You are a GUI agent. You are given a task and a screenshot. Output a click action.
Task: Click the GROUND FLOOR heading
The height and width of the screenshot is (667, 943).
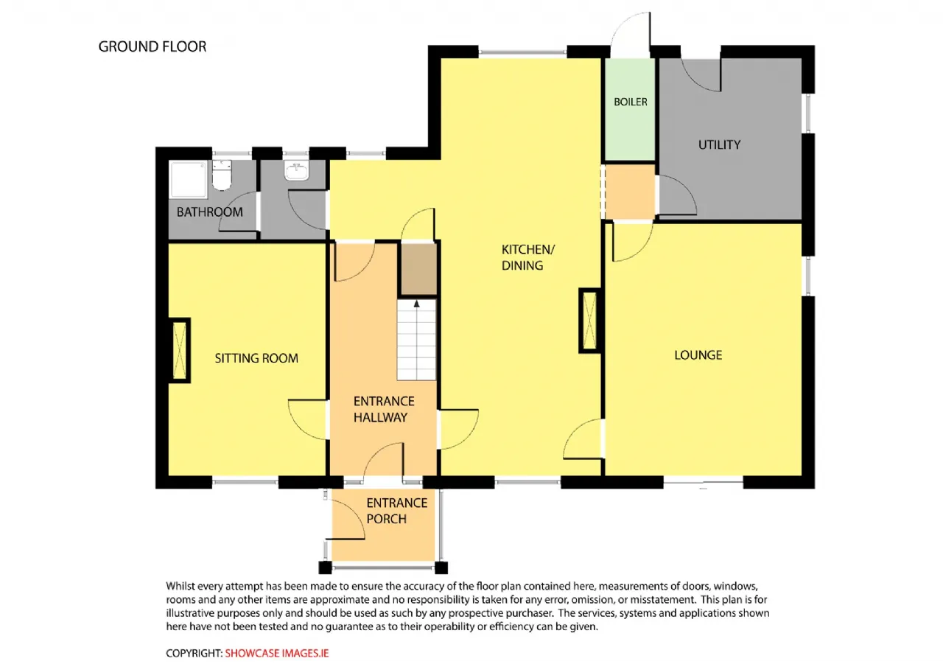pos(153,46)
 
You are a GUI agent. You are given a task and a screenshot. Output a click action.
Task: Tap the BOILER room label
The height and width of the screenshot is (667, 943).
pos(630,102)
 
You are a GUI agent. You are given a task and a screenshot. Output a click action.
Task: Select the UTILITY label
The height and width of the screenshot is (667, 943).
pos(719,145)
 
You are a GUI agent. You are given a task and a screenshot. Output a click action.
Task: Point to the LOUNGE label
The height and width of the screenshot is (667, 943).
pos(698,355)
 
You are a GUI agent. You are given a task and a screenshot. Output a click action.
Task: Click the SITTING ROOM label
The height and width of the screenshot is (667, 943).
pos(256,358)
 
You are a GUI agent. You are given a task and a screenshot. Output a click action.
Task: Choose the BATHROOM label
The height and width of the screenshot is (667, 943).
pos(210,212)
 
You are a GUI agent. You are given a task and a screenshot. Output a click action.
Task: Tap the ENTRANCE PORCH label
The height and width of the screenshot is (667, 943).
pos(396,511)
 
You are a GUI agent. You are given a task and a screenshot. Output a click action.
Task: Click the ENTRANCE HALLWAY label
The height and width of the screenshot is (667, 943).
pos(384,409)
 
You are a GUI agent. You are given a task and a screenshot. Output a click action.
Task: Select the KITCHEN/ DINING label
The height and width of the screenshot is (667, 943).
pos(528,257)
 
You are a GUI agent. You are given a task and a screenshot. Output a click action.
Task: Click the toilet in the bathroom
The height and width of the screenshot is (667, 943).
pos(222,175)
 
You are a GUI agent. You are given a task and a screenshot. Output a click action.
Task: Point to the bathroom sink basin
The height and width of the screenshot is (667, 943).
pos(297,172)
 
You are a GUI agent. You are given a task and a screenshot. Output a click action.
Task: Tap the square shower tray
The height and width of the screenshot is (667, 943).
pos(189,179)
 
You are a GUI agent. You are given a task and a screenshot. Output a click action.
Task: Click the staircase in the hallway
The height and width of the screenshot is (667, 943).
pos(416,339)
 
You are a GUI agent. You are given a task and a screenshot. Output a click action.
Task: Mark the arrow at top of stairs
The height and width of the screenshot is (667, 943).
pos(416,304)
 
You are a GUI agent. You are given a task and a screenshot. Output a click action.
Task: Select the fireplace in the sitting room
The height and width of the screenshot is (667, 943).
pos(180,350)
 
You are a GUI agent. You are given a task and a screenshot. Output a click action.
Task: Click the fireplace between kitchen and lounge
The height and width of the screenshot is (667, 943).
pos(589,321)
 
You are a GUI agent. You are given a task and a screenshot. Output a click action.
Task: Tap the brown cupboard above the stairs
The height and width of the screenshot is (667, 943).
pos(418,270)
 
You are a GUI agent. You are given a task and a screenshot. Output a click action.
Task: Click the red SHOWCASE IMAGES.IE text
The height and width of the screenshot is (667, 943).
pos(276,653)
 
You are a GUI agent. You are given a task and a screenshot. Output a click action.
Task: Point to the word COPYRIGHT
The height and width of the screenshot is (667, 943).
pos(194,653)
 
